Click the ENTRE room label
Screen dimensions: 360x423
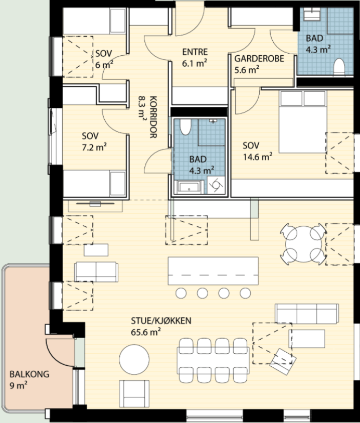click(x=195, y=52)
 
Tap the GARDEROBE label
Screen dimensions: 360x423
click(x=259, y=59)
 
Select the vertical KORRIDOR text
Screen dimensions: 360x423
click(x=153, y=117)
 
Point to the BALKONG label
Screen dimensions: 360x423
click(x=30, y=374)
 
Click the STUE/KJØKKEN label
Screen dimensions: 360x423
click(x=161, y=321)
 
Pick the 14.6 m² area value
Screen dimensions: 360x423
click(x=258, y=157)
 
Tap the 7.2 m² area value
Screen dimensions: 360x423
click(x=94, y=147)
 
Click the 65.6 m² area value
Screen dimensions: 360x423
click(x=146, y=332)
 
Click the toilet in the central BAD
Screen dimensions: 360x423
click(x=186, y=127)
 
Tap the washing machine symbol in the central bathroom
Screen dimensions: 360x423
click(x=216, y=185)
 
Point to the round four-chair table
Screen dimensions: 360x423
click(x=304, y=244)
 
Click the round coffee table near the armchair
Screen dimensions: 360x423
click(x=134, y=359)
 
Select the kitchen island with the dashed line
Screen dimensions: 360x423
click(x=213, y=271)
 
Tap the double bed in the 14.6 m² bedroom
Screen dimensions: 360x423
click(x=303, y=122)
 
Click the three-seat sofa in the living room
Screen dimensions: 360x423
click(x=307, y=314)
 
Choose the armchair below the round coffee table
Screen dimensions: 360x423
click(x=134, y=393)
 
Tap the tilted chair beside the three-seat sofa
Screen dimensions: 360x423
click(x=283, y=361)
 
